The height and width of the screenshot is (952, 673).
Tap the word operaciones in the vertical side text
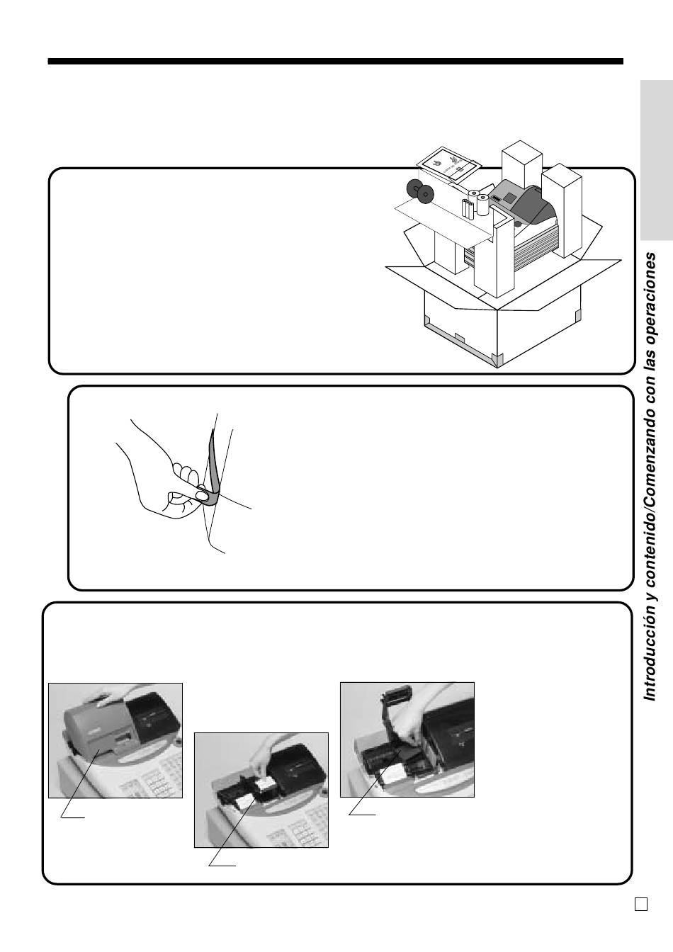tap(650, 298)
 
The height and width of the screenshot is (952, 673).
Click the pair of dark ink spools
tap(419, 190)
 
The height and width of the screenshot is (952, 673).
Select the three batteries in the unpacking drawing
tap(468, 209)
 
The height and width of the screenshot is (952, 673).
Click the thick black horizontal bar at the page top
tap(335, 61)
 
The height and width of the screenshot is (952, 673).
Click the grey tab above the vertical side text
tap(657, 160)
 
